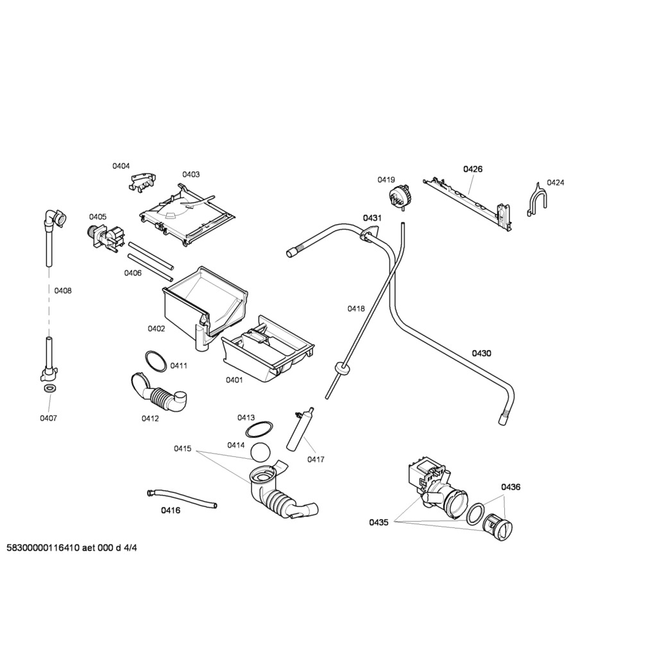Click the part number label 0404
point(121,166)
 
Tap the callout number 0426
point(473,169)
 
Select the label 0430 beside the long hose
point(482,353)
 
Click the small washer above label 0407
point(49,389)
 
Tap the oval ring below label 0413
point(260,429)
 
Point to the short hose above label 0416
point(182,498)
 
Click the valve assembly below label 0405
point(105,237)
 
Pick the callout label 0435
point(379,522)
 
